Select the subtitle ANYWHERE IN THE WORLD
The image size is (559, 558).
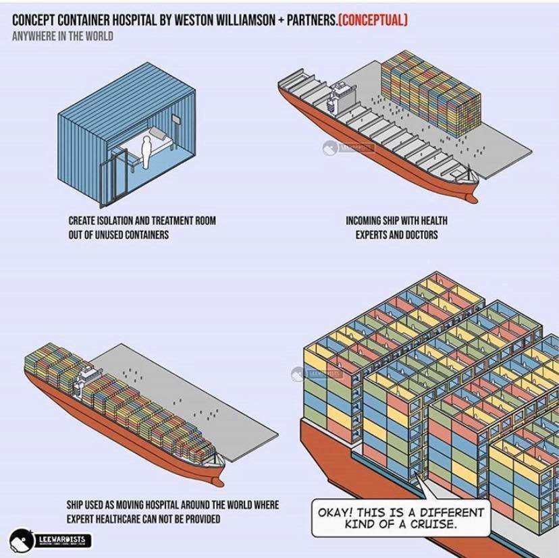(62, 36)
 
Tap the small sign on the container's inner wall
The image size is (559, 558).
(176, 119)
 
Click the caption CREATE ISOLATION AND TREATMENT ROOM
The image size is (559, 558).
(142, 221)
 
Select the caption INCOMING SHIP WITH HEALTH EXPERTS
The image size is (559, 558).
(396, 221)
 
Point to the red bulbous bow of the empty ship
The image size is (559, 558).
(469, 196)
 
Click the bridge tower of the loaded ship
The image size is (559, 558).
(87, 374)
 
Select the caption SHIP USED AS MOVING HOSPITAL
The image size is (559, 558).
(172, 505)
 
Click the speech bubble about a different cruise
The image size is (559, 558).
(400, 518)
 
